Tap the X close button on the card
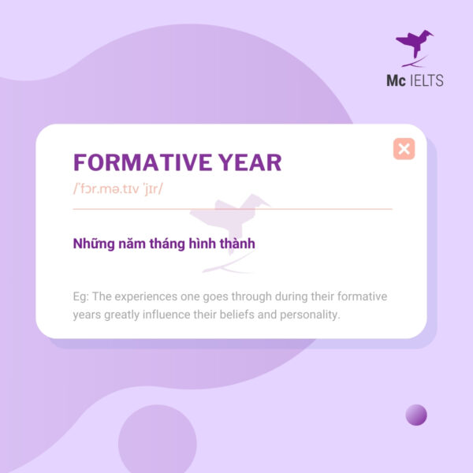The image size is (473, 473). point(404,148)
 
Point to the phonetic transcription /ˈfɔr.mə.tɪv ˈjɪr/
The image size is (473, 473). point(117,190)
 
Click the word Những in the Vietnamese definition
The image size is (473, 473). point(93,244)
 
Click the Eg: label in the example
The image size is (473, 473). point(80,296)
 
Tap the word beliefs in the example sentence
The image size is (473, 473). point(251,315)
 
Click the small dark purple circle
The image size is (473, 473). point(415,415)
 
